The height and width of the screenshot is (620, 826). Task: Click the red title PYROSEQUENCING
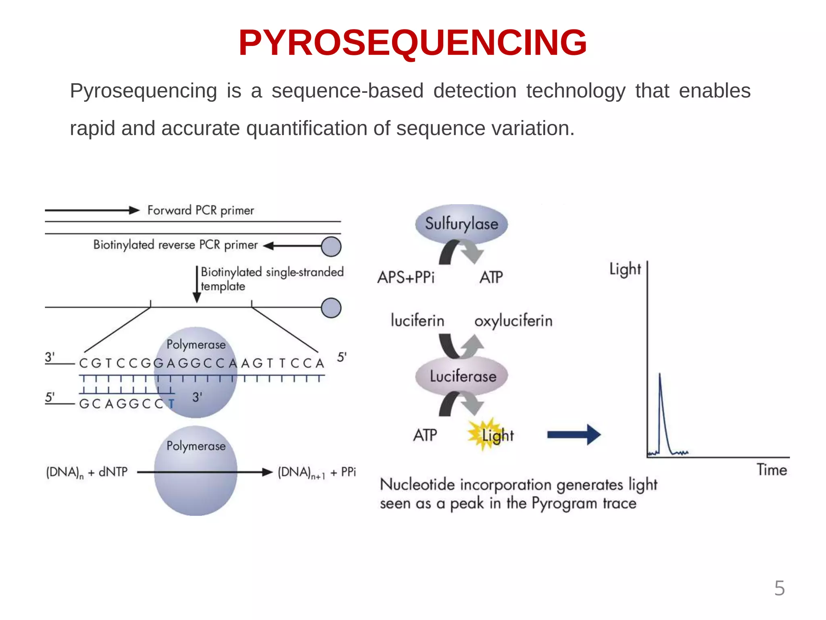click(x=412, y=43)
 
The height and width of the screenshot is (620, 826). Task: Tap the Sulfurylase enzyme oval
click(x=461, y=224)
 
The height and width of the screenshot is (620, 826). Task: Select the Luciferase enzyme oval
click(x=462, y=376)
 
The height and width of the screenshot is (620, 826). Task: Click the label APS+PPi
click(x=406, y=277)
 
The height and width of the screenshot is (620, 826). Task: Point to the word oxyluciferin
click(x=513, y=321)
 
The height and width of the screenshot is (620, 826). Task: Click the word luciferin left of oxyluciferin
click(x=417, y=321)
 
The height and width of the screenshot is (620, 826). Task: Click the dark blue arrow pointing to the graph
click(x=574, y=434)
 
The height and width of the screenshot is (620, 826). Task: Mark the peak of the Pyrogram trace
click(x=660, y=375)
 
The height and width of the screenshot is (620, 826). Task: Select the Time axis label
click(x=772, y=470)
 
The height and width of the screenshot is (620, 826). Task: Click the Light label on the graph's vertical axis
click(x=625, y=269)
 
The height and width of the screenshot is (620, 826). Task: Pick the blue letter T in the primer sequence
click(x=171, y=404)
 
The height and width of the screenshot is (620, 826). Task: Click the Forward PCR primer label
click(x=200, y=210)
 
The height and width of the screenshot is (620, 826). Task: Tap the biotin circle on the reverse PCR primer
click(x=331, y=247)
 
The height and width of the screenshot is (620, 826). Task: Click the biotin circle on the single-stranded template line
click(x=331, y=308)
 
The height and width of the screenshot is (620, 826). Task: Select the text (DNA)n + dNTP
click(x=87, y=472)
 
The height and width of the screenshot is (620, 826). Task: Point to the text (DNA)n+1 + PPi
click(x=317, y=472)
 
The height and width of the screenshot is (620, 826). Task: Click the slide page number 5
click(x=779, y=588)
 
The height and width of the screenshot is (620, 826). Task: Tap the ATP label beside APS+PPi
click(x=491, y=277)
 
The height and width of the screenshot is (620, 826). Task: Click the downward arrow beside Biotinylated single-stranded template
click(x=197, y=284)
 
